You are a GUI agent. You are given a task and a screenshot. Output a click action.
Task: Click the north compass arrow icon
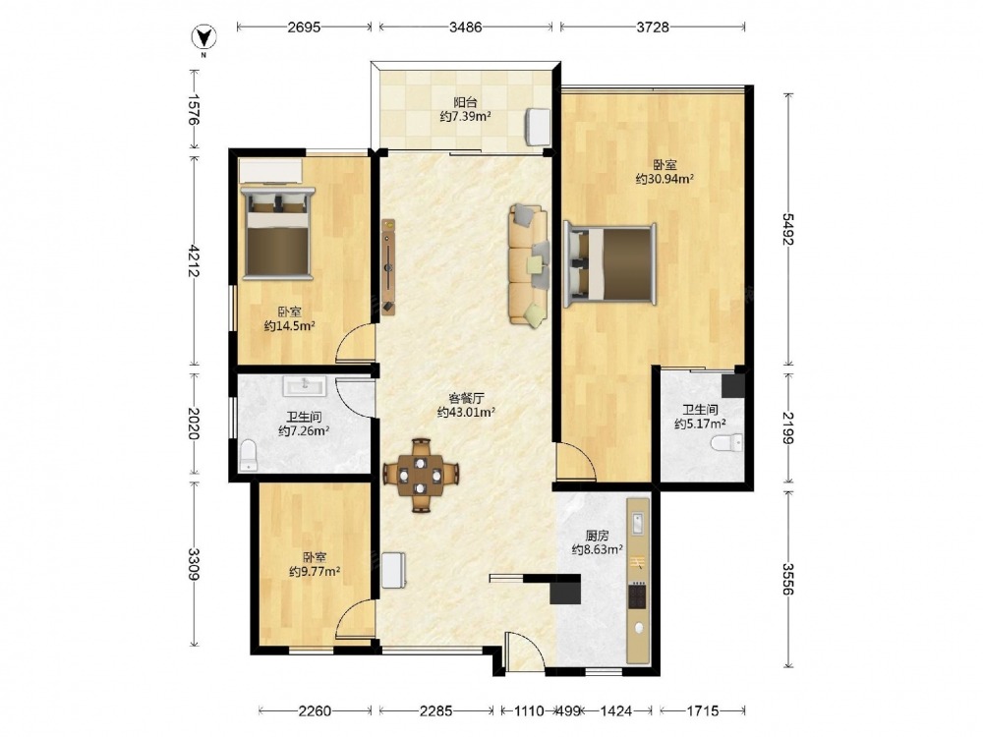tap(203, 37)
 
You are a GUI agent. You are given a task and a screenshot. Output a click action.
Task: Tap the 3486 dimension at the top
tap(466, 27)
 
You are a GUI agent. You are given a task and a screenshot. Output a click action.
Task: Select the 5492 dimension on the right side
tap(788, 229)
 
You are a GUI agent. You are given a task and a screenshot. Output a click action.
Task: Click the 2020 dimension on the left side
tap(195, 424)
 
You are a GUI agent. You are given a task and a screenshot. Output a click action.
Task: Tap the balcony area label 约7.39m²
tap(465, 117)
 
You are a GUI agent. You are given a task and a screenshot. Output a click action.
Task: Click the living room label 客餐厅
tap(466, 398)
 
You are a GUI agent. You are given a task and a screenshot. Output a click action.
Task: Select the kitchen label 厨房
tap(597, 536)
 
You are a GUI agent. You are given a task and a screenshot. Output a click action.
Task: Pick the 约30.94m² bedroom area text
tap(665, 179)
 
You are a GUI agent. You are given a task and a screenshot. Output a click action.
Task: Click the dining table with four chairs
tap(421, 475)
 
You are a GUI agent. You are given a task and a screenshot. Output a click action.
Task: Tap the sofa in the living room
tap(529, 264)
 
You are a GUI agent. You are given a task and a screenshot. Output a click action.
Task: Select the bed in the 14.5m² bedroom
tap(278, 232)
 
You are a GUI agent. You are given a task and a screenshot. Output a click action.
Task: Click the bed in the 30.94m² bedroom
tap(610, 263)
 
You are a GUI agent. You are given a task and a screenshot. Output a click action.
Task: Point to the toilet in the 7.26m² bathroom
tap(249, 455)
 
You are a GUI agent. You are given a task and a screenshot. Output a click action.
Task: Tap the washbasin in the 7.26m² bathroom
tap(305, 386)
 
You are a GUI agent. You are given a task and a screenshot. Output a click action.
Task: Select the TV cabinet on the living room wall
tap(389, 265)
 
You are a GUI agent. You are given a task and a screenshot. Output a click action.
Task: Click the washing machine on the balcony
tap(537, 126)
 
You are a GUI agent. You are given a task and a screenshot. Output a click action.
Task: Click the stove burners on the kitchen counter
tap(637, 595)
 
